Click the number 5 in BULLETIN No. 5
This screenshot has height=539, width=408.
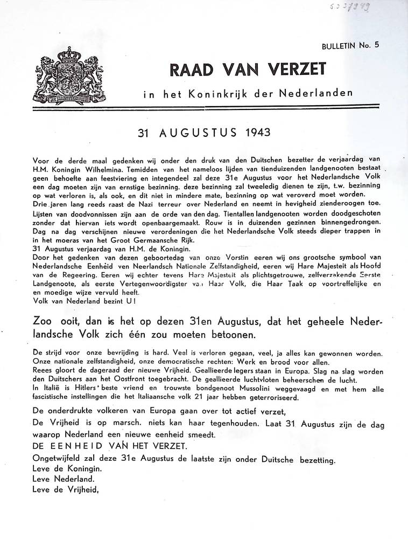[x=377, y=45]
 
